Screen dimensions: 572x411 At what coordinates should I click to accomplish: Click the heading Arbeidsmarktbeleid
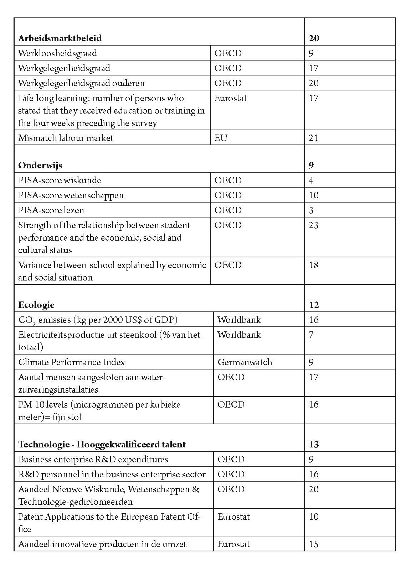click(60, 38)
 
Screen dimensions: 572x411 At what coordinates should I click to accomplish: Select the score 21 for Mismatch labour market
click(314, 138)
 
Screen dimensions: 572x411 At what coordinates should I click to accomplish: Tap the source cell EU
click(221, 138)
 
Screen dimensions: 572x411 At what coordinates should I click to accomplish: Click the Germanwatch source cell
click(245, 362)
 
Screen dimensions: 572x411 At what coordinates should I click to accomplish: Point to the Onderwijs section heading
click(40, 165)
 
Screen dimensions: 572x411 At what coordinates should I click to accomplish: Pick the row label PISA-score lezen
click(51, 210)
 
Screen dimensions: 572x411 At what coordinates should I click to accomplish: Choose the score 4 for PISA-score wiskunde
click(311, 180)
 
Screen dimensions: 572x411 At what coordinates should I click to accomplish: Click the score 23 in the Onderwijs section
click(314, 225)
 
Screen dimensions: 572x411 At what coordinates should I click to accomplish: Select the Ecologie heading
click(36, 305)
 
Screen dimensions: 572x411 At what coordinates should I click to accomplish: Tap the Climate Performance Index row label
click(72, 362)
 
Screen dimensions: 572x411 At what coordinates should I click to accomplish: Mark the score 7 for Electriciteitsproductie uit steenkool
click(311, 335)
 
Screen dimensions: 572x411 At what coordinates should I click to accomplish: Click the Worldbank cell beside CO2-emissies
click(239, 320)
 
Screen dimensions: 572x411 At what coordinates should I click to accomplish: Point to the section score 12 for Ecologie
click(314, 305)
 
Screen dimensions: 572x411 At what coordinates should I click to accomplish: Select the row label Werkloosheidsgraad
click(57, 53)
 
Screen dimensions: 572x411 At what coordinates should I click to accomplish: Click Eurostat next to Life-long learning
click(231, 98)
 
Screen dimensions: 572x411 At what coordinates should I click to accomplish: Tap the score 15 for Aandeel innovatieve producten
click(314, 544)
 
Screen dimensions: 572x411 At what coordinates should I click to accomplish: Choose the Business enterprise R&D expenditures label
click(93, 459)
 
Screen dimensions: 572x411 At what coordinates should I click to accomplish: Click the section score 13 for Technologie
click(314, 444)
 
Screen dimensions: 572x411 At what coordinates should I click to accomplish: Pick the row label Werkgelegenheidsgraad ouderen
click(81, 83)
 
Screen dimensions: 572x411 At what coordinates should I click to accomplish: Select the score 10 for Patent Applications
click(314, 516)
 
